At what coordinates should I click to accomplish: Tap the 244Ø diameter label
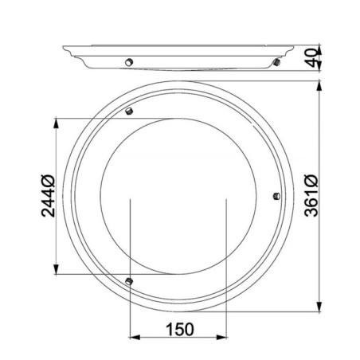45,194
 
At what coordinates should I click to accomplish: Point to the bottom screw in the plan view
128,280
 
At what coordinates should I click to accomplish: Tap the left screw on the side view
127,62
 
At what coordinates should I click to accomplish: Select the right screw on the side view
275,61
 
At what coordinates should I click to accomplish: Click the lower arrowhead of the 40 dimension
320,67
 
